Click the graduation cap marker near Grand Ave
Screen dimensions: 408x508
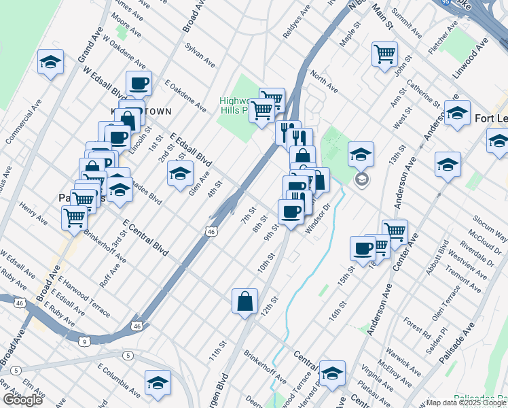pos(50,63)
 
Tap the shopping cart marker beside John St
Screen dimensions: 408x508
pos(384,52)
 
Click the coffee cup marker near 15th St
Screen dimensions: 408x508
pos(363,247)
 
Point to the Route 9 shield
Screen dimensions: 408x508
pos(83,340)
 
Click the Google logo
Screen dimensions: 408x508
pos(22,400)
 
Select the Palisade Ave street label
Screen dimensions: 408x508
pos(460,347)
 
